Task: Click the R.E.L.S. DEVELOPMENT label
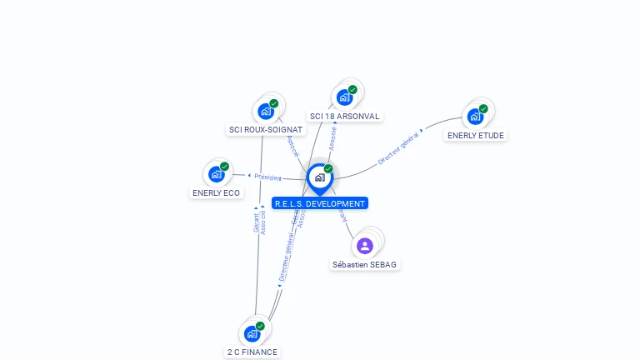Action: click(319, 203)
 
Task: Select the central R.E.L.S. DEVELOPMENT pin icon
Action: click(319, 177)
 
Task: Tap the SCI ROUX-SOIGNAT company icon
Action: click(266, 111)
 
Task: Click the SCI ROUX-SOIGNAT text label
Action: click(266, 130)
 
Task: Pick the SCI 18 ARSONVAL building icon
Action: click(344, 97)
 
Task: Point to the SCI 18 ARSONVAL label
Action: click(344, 117)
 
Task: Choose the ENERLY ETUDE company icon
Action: click(475, 117)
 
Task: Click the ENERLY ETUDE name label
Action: click(476, 135)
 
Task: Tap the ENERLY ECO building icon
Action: click(217, 174)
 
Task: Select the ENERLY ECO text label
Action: click(216, 193)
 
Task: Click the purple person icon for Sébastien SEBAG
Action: click(364, 246)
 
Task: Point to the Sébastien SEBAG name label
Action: click(366, 265)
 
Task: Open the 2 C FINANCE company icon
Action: click(252, 333)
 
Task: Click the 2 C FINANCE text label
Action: click(252, 352)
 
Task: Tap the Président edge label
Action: click(267, 177)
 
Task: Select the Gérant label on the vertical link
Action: click(256, 222)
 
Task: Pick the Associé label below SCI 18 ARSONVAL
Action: click(332, 138)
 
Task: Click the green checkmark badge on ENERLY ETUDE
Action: click(483, 108)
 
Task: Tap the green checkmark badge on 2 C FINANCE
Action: click(260, 326)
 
